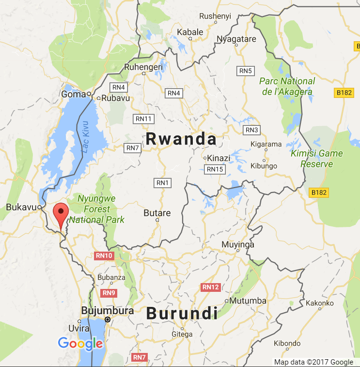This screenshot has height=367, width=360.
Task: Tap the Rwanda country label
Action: coord(181,139)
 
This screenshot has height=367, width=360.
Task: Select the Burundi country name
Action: coord(181,313)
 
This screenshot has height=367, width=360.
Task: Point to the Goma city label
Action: coord(74,95)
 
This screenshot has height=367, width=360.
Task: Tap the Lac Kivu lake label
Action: coord(86,137)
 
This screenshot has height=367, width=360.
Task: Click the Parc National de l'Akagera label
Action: coord(287,86)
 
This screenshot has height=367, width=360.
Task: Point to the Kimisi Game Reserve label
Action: coord(316,159)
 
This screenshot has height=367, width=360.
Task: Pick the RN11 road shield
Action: coord(143,119)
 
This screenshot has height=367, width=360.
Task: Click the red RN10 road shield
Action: coord(104,256)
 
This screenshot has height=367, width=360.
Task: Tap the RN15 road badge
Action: coord(215,169)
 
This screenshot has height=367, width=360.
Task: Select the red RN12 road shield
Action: coord(210,287)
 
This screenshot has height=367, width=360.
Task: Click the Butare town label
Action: coord(157,213)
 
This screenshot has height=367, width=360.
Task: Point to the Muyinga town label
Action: coord(237,244)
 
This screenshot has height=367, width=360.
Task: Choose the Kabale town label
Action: coord(190,32)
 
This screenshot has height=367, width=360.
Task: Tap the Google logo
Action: coord(80,344)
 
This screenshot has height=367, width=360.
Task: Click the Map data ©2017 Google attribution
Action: coord(313,362)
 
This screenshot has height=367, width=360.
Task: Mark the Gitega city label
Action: coord(182,334)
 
